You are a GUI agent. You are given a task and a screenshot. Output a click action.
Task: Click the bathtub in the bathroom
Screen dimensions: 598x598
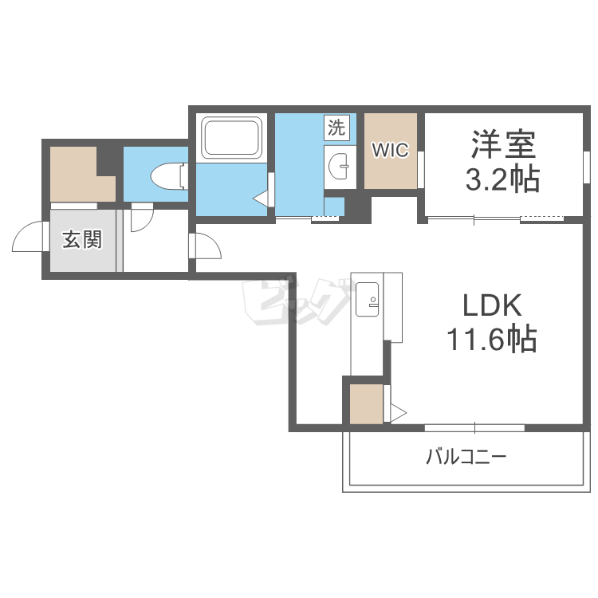coord(231,138)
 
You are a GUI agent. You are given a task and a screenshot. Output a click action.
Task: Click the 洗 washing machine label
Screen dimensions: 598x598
coord(336,127)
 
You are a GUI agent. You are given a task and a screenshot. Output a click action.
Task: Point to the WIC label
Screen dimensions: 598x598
coord(390,150)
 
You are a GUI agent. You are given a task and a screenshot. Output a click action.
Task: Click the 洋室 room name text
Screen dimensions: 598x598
coord(503,144)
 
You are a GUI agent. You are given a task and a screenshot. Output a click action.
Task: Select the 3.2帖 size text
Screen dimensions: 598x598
coord(502,179)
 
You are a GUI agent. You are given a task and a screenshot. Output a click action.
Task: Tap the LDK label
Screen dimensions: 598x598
coord(492,305)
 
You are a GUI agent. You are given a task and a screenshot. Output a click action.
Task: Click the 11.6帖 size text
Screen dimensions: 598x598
coord(492,338)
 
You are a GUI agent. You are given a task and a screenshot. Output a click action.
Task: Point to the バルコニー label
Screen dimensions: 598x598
coord(466,457)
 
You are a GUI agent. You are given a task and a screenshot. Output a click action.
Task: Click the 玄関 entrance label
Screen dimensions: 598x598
coord(82,239)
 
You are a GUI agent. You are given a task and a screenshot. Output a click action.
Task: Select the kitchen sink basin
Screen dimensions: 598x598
coord(367,299)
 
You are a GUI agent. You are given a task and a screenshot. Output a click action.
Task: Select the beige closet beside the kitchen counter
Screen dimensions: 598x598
coord(366,404)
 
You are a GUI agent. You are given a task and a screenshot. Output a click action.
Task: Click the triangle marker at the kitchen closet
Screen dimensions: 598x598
coord(399,413)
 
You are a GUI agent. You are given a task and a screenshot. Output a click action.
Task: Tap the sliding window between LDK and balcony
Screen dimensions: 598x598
coord(475,427)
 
